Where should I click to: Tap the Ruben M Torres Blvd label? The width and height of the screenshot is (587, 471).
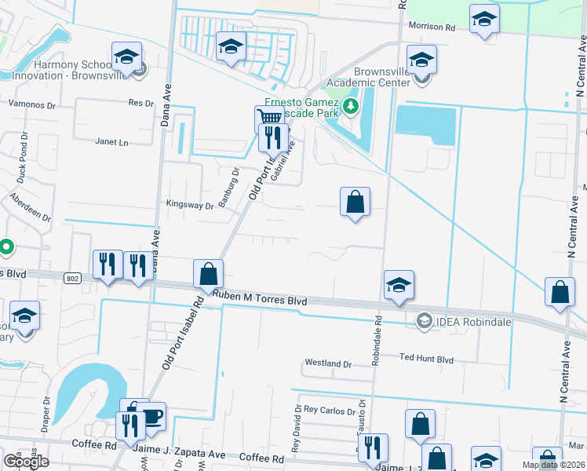click(x=259, y=298)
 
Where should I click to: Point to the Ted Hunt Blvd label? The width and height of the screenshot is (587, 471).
click(x=427, y=359)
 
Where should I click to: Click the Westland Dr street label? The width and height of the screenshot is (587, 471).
click(x=328, y=363)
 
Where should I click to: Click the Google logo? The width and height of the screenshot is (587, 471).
click(x=26, y=462)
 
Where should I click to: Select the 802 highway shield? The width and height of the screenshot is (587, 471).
click(x=72, y=278)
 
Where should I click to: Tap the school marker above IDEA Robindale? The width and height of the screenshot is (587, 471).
click(x=399, y=286)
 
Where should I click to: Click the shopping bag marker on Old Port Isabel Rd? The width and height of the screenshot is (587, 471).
click(x=209, y=274)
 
